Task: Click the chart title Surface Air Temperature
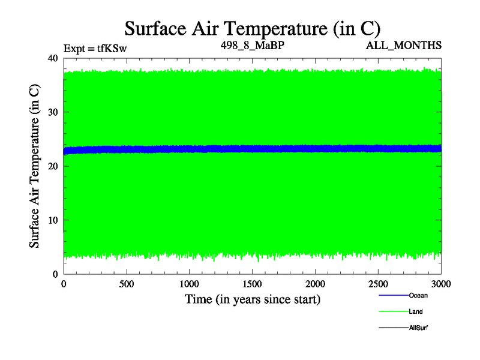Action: pos(252,28)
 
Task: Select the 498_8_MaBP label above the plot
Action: pos(251,45)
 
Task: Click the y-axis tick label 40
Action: pos(52,58)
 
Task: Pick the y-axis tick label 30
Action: pos(52,112)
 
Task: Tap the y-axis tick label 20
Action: pos(52,166)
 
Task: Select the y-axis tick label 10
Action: pos(52,220)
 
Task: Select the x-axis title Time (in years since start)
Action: pos(252,299)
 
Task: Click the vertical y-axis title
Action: pos(35,166)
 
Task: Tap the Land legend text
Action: pos(416,311)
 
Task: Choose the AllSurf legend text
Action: pos(418,328)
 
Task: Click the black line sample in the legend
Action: pos(393,328)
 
